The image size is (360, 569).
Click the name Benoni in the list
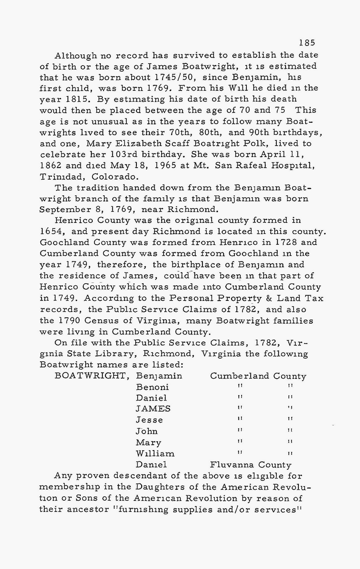pyautogui.click(x=152, y=387)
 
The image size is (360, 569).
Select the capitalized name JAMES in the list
pyautogui.click(x=153, y=409)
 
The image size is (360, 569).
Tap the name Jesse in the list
pyautogui.click(x=149, y=420)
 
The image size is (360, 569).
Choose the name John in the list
pyautogui.click(x=146, y=431)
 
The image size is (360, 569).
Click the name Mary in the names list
pyautogui.click(x=148, y=443)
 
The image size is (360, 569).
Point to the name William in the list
pyautogui.click(x=155, y=454)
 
